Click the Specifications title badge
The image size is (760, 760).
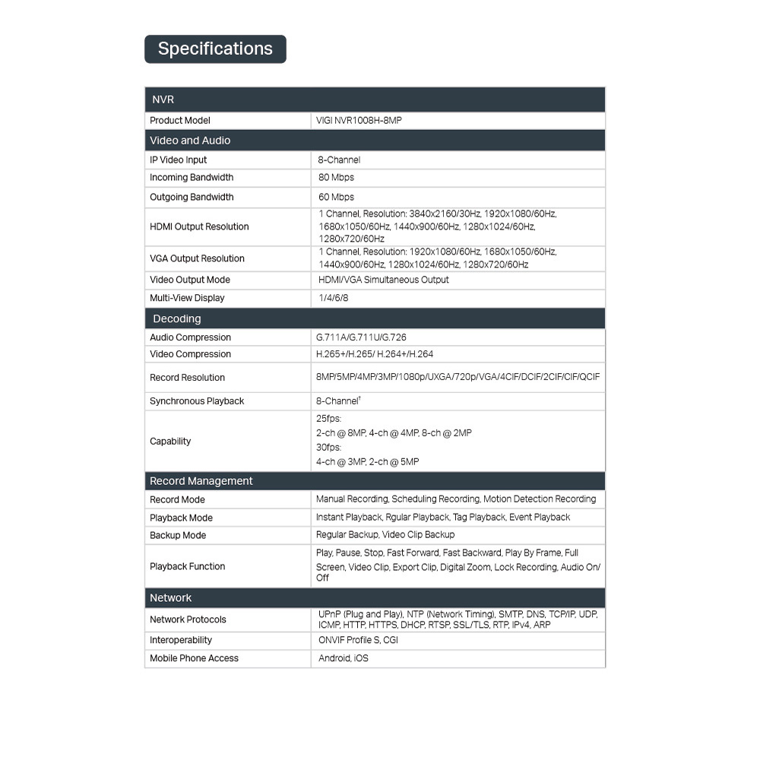coord(215,49)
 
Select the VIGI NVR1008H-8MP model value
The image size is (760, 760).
coord(359,121)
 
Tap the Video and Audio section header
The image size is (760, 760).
coord(190,141)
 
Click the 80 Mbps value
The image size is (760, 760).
coord(336,178)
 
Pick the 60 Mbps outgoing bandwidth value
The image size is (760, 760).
coord(336,198)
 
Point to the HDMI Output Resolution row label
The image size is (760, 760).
coord(199,226)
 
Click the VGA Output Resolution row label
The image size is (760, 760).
coord(197,258)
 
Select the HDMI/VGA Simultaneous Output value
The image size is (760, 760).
coord(383,280)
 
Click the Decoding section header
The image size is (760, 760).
coord(177,318)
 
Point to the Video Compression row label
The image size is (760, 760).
coord(190,354)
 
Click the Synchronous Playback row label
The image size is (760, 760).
coord(197,401)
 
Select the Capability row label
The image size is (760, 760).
coord(170,442)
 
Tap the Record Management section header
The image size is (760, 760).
coord(201,481)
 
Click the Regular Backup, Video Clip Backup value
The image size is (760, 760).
coord(385,535)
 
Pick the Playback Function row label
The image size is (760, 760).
coord(187,566)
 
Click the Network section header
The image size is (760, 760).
coord(170,598)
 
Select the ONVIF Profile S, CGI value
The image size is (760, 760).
coord(358,640)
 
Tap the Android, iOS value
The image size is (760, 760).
coord(343,658)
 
